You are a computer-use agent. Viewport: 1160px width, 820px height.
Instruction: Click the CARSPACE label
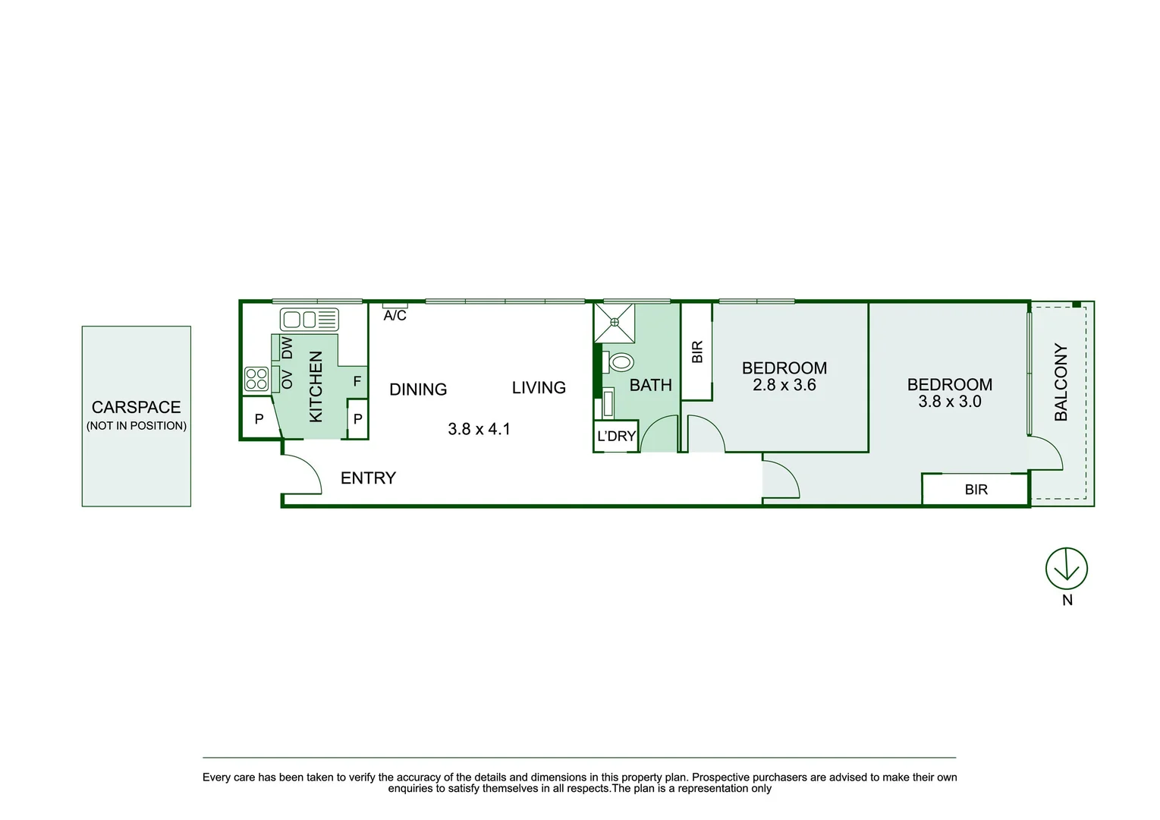pos(137,408)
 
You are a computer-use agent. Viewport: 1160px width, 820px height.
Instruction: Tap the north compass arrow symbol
pos(1066,568)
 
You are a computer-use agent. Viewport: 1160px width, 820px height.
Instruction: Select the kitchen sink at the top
pos(309,319)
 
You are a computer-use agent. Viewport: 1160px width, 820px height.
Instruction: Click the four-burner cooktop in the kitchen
pos(256,378)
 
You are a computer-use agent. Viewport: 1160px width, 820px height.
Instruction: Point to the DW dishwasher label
pos(287,348)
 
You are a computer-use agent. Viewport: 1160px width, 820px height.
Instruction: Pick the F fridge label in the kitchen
pos(357,382)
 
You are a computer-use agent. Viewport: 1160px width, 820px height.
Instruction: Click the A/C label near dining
pos(395,315)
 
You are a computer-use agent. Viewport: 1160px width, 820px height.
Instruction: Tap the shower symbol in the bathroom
pos(614,323)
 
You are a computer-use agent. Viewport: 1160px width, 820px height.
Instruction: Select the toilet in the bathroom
pos(621,362)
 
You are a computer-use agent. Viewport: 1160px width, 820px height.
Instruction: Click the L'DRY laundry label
pos(616,437)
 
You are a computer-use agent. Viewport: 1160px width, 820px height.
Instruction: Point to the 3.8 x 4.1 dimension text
pos(479,429)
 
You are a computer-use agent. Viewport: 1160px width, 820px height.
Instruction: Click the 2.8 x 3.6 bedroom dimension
pos(784,386)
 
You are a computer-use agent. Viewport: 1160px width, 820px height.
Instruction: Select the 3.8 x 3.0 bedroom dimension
pos(950,402)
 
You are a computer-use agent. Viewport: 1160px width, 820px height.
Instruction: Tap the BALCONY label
pos(1061,382)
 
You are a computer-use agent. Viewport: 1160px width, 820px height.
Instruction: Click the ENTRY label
pos(368,478)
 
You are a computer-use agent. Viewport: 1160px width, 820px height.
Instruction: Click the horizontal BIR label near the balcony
pos(976,490)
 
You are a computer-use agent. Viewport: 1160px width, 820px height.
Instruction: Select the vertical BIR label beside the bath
pos(697,352)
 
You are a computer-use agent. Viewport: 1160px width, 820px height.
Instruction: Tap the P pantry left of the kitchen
pos(259,418)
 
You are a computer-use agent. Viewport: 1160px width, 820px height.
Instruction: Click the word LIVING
pos(539,388)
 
